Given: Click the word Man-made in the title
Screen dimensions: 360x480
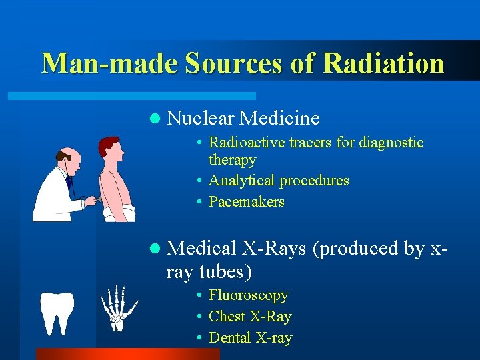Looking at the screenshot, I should (x=109, y=63).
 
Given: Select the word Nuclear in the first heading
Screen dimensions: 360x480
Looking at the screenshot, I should (x=201, y=119).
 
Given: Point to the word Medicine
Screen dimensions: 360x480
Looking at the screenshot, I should (x=279, y=119).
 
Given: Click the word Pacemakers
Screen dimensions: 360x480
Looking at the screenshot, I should (x=247, y=202).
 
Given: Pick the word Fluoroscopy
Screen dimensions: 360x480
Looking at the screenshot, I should (x=248, y=295).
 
